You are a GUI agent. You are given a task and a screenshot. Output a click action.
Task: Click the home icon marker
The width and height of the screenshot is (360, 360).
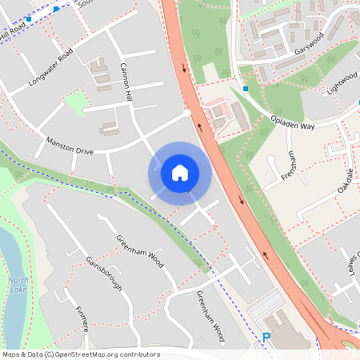point(179,172)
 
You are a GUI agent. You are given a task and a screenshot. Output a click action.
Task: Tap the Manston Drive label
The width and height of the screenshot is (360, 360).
point(70,145)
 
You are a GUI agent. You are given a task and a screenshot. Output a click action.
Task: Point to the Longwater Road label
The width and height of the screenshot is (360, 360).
point(50,66)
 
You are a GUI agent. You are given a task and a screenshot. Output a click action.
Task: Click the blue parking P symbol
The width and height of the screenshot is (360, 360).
point(266,338)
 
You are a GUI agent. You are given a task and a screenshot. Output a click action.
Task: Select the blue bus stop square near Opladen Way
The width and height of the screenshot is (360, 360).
point(246,88)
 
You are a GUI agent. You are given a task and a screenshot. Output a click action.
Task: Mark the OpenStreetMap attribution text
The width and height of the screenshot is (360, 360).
point(80,354)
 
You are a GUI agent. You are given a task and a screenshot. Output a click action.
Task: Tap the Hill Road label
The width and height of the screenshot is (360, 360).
point(14,34)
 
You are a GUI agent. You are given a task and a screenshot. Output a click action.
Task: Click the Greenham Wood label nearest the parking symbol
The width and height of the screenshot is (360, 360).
point(210,316)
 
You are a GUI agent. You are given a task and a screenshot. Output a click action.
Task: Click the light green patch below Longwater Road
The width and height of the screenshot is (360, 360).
point(76,102)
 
